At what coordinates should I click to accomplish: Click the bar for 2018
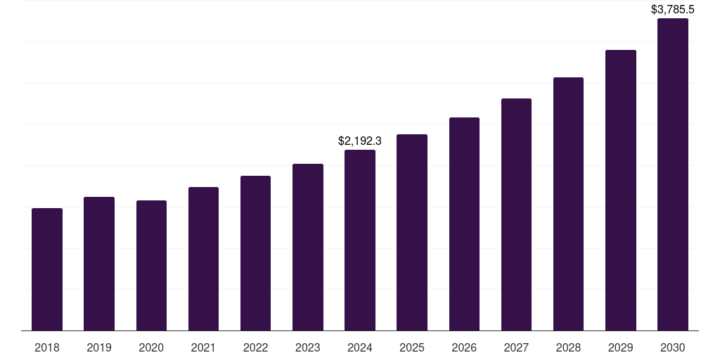47,269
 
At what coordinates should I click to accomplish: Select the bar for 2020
151,266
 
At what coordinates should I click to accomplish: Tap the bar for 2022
255,253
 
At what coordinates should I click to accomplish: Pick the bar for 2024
360,240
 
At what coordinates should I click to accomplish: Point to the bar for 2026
464,224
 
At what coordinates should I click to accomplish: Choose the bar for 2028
568,204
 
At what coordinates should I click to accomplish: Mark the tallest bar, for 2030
673,174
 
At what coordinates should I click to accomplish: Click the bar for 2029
621,190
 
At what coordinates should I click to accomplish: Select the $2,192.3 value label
360,141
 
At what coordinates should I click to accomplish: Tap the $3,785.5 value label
673,10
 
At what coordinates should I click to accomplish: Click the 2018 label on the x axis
47,347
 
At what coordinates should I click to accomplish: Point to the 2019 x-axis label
99,347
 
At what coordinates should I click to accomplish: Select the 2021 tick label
203,347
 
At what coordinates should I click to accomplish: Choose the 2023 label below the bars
308,347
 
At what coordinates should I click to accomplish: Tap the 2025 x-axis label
412,347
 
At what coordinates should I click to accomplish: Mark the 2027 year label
516,347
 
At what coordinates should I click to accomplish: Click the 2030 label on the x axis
673,347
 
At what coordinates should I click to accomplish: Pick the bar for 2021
203,259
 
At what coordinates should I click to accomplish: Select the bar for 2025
412,232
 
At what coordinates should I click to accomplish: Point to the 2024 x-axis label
360,347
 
